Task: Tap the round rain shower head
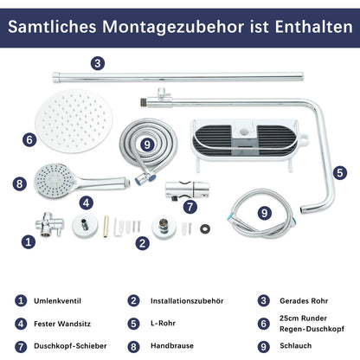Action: coord(74,121)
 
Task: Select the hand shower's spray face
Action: coord(55,181)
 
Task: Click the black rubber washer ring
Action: coord(205,228)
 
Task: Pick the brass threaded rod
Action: coord(106,226)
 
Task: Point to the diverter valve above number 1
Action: coord(49,224)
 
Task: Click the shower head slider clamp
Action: coord(187,190)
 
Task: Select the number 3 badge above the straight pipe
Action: coord(98,63)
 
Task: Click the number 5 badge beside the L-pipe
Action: coord(340,173)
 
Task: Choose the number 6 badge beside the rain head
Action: coord(29,140)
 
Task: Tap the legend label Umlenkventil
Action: coord(57,301)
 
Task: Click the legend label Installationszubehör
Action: coord(187,301)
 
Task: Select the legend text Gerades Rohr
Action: coord(304,301)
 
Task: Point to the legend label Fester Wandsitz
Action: coord(62,324)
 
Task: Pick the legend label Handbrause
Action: coord(172,345)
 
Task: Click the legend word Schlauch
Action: coord(295,345)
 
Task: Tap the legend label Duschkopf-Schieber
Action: coord(70,345)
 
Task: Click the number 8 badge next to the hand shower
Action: coord(19,183)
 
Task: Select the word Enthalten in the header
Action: coord(314,27)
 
